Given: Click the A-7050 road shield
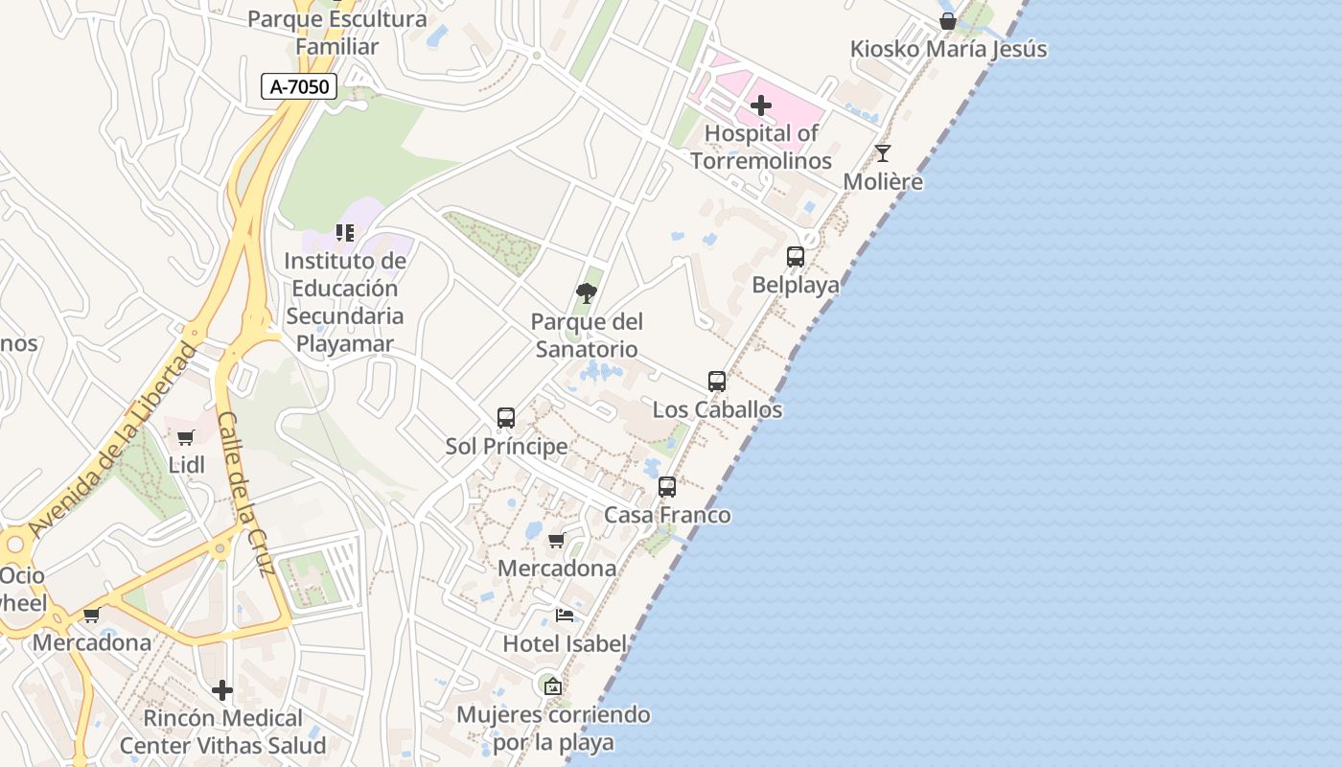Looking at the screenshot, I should pos(299,86).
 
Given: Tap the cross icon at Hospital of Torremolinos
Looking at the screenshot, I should pos(762,105).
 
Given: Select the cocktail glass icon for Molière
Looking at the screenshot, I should pos(883,153).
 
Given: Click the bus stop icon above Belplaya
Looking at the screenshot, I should pos(796,257).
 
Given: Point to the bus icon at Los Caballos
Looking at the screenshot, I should pos(717,382).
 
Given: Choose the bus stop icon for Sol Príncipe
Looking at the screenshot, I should pos(506,418).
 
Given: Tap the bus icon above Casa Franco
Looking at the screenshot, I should pos(667,487).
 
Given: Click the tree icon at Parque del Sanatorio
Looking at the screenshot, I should pos(587,293).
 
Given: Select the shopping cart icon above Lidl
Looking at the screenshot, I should pos(186,438).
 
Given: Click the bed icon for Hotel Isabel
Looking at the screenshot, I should pos(565,616).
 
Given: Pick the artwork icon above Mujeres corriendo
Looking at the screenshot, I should pos(552,686).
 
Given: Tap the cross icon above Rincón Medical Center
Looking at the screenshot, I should pos(222,690).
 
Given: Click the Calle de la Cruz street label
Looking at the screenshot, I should pos(246,494).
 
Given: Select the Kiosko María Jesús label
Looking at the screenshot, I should pos(948,49).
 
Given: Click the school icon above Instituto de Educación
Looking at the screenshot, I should pos(345,233).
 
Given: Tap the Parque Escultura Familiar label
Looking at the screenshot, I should pos(337,33).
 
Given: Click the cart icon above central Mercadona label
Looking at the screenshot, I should pos(557,541).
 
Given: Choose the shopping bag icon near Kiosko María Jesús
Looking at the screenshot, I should pos(948,21).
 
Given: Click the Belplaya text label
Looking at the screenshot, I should pos(795,285).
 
